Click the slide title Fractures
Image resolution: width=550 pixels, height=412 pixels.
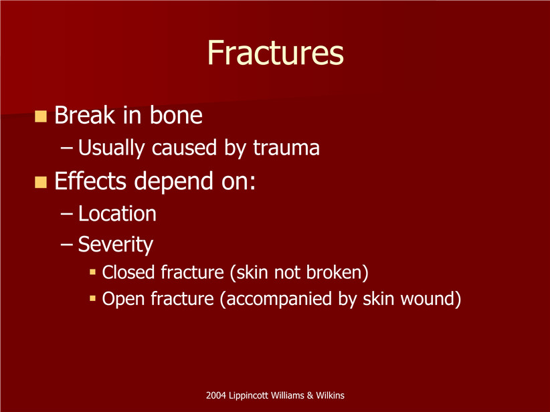click(x=276, y=53)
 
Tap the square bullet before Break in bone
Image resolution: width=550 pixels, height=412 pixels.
click(x=41, y=116)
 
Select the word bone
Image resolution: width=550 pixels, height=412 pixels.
click(x=176, y=115)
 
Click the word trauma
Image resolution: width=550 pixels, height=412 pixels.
click(x=286, y=148)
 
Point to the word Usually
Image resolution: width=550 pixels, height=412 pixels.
click(x=111, y=148)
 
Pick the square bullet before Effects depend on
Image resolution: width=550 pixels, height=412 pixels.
click(x=41, y=182)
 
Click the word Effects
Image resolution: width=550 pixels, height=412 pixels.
click(x=90, y=181)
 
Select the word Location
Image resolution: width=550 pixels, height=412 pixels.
click(x=117, y=213)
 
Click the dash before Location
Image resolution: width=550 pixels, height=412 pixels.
click(x=67, y=214)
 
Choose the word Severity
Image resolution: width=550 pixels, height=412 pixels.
click(x=115, y=245)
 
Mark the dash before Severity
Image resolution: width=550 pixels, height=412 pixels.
click(x=67, y=244)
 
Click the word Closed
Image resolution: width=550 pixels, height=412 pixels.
click(x=128, y=272)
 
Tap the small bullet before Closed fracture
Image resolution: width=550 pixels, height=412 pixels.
click(x=92, y=272)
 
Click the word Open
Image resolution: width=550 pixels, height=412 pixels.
click(x=123, y=299)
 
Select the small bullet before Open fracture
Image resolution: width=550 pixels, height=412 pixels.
click(x=92, y=298)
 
